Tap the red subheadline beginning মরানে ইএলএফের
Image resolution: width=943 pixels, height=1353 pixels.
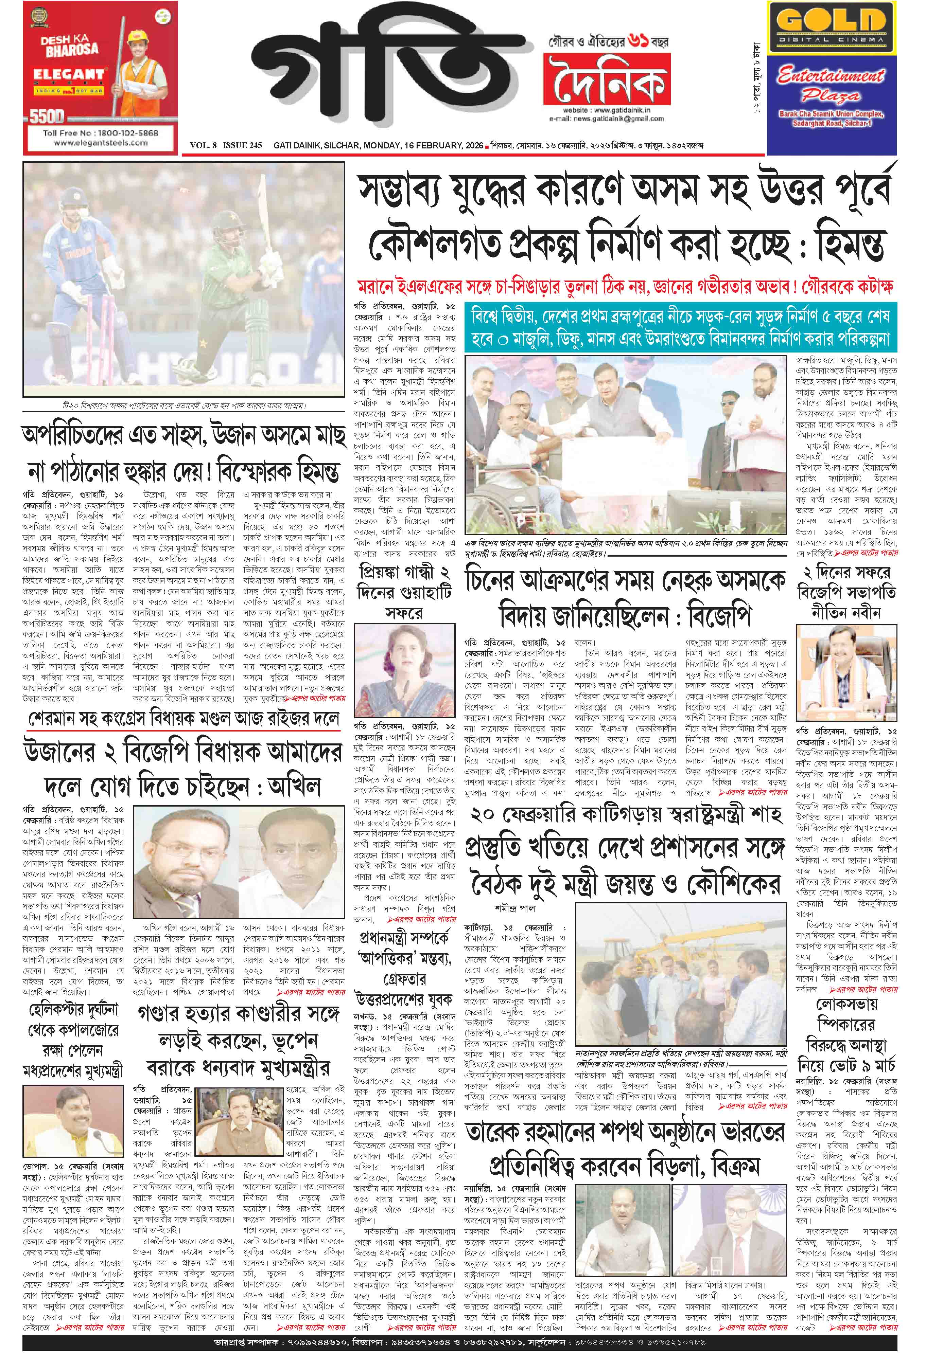tap(625, 286)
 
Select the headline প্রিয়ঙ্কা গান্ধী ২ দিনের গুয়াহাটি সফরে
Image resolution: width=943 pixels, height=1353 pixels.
tap(404, 591)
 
